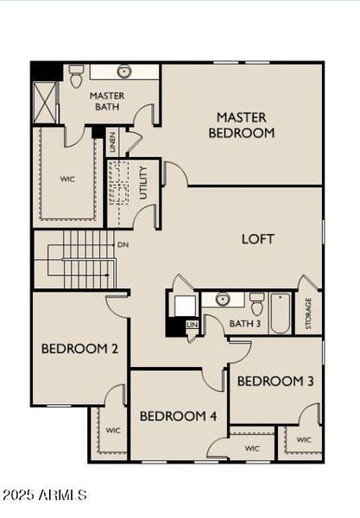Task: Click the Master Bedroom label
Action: (241, 125)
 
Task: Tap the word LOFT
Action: (257, 238)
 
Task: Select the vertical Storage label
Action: (309, 313)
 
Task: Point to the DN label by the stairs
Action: (123, 245)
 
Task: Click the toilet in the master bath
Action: (76, 75)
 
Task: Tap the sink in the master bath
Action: (123, 72)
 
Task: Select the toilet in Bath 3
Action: (256, 303)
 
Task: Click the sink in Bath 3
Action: (223, 300)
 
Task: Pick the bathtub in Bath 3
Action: (280, 313)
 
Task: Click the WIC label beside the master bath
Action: (68, 180)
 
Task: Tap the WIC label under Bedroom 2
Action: (113, 429)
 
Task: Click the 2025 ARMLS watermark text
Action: (45, 495)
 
